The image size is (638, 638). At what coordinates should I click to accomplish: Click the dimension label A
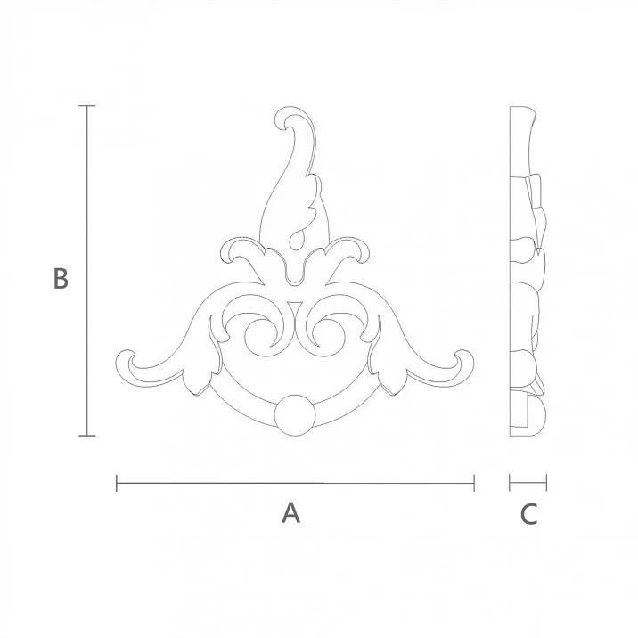click(290, 513)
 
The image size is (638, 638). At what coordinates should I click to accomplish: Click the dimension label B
click(60, 278)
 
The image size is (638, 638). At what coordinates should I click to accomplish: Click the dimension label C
click(528, 513)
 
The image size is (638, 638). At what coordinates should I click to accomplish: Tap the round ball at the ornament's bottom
click(294, 416)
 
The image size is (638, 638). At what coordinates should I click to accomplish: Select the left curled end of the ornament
click(128, 364)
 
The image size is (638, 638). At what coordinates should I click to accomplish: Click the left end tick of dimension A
click(117, 484)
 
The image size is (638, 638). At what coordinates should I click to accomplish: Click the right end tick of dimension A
click(474, 484)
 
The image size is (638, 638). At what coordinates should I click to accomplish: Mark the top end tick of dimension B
click(86, 106)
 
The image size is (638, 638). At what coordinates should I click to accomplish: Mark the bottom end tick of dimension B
click(86, 436)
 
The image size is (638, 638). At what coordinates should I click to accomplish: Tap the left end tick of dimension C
click(510, 484)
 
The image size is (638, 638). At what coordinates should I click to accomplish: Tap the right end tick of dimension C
click(546, 484)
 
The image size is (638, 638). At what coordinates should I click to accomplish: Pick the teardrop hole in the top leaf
click(297, 237)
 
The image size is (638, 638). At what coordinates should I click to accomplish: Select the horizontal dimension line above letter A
click(294, 484)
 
